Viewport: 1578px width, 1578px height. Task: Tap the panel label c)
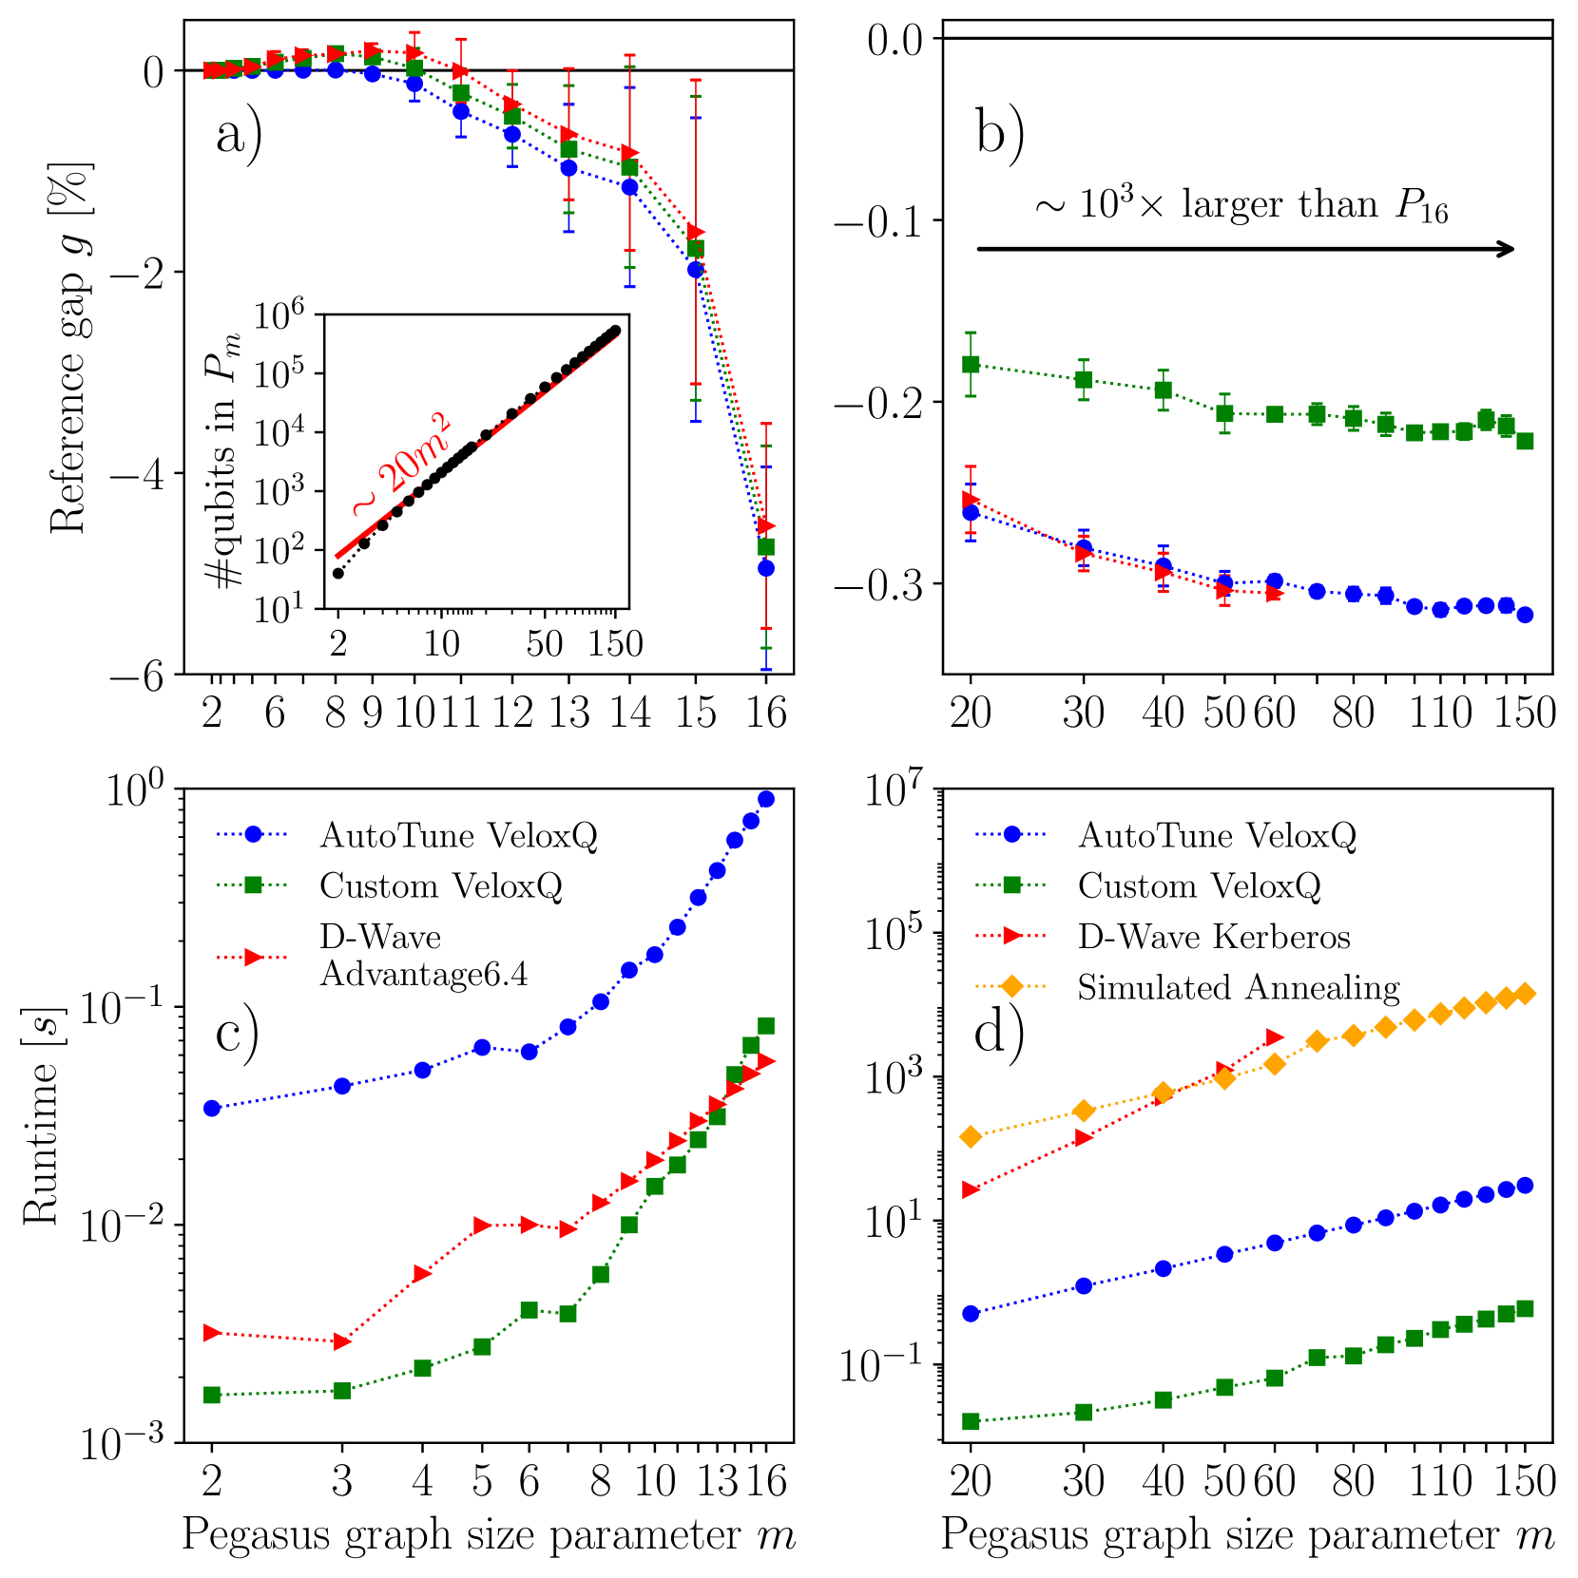coord(237,1032)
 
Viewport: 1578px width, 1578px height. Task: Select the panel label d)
coord(999,1032)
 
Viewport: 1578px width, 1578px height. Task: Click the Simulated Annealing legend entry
coord(1238,988)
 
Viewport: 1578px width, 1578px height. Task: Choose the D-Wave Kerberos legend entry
coord(1213,937)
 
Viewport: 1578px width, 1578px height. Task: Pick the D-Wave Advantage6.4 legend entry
coord(423,956)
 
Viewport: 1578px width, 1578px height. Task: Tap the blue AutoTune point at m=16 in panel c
coord(766,799)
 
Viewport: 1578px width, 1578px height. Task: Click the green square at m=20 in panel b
coord(971,364)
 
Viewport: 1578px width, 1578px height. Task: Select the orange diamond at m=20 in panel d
coord(971,1137)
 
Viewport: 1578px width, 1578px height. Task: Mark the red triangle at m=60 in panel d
coord(1275,1036)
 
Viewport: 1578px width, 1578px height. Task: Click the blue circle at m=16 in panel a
coord(766,568)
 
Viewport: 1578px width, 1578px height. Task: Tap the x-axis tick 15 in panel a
coord(696,711)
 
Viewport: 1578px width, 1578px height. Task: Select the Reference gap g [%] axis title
coord(69,348)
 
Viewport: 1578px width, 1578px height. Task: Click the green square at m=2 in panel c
coord(212,1395)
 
